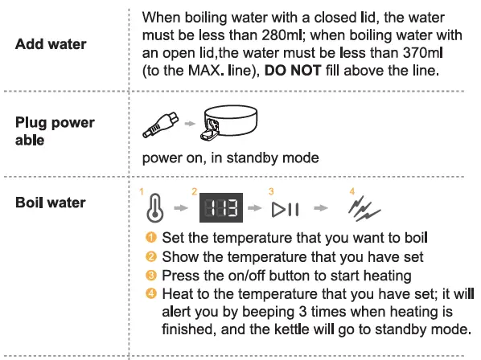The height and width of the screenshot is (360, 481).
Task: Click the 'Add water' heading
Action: point(51,43)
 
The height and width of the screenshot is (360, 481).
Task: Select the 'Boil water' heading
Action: point(50,202)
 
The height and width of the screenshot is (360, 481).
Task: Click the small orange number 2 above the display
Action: point(194,191)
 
